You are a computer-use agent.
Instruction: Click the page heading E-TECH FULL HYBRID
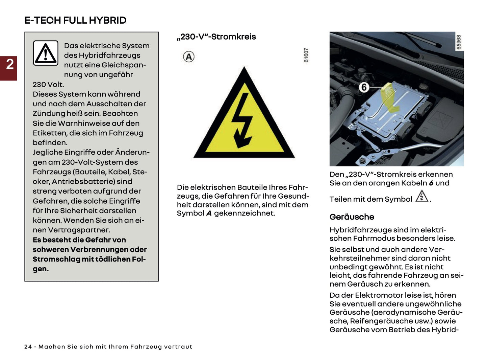pyautogui.click(x=75, y=20)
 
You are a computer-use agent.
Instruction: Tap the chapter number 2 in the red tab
pyautogui.click(x=10, y=64)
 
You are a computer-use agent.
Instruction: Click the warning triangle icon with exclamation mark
pyautogui.click(x=46, y=53)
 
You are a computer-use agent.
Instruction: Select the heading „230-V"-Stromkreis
pyautogui.click(x=216, y=37)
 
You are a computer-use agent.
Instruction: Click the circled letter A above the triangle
pyautogui.click(x=188, y=56)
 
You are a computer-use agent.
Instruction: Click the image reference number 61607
pyautogui.click(x=306, y=55)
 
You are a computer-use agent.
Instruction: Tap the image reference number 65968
pyautogui.click(x=458, y=42)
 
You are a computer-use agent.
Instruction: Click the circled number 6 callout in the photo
pyautogui.click(x=364, y=87)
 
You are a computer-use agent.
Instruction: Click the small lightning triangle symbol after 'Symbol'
pyautogui.click(x=421, y=197)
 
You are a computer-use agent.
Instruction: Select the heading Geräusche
pyautogui.click(x=352, y=217)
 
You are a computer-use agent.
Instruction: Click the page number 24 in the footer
pyautogui.click(x=28, y=347)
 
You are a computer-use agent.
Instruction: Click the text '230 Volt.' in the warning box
pyautogui.click(x=48, y=85)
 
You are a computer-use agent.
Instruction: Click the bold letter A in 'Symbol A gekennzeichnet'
pyautogui.click(x=209, y=213)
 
